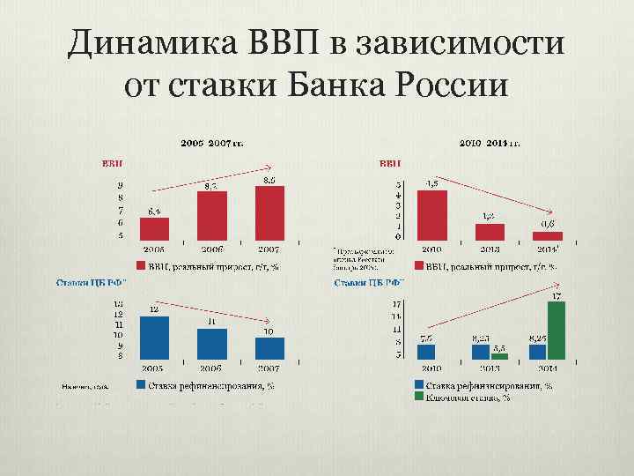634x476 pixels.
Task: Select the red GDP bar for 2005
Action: [x=155, y=228]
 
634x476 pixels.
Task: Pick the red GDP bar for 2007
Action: [x=269, y=212]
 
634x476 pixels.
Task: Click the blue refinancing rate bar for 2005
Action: [x=155, y=336]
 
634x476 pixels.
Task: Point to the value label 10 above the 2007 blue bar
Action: [x=268, y=331]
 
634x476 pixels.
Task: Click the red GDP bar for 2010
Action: [x=432, y=215]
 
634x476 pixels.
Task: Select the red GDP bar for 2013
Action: [x=490, y=231]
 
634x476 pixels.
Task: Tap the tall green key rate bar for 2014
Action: [x=556, y=330]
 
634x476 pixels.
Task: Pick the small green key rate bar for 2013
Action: [x=499, y=356]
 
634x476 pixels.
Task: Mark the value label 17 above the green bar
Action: [x=556, y=295]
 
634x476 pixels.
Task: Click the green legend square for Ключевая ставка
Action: [x=418, y=397]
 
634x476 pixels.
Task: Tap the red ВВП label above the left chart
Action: [x=112, y=163]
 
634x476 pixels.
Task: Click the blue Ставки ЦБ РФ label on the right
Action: [x=369, y=283]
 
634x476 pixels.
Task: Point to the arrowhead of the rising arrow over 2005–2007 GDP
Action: [x=271, y=167]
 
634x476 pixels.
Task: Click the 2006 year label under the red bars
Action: [x=211, y=249]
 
